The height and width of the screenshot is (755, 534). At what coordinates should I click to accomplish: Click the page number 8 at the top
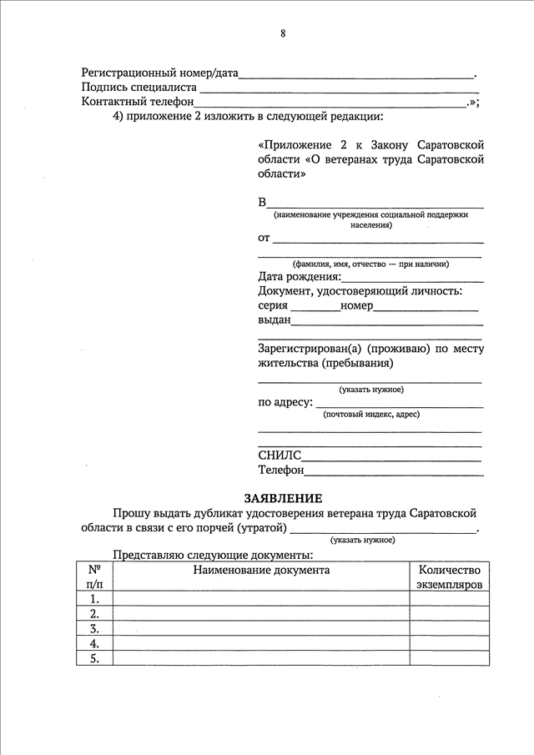click(283, 34)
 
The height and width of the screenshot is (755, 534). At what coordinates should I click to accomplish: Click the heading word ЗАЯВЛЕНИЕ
click(282, 497)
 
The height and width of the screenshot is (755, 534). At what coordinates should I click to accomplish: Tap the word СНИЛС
click(280, 456)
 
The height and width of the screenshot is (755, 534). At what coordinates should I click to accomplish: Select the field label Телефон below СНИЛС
click(281, 471)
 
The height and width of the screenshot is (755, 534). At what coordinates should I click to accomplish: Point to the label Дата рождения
click(300, 277)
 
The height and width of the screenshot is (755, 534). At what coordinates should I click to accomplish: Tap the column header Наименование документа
click(261, 571)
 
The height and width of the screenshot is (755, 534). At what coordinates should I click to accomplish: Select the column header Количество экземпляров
click(449, 577)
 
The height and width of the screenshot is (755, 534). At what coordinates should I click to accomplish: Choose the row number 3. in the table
click(94, 629)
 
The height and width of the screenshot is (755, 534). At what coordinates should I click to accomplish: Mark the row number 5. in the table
click(94, 658)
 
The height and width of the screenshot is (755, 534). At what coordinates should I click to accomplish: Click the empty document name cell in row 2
click(261, 614)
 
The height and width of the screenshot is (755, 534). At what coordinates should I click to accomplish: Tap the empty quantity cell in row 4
click(449, 644)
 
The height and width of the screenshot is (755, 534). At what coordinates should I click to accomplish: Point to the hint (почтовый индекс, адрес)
click(371, 414)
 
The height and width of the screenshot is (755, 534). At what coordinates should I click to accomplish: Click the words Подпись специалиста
click(139, 87)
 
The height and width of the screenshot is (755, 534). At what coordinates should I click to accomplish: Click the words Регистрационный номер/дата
click(159, 73)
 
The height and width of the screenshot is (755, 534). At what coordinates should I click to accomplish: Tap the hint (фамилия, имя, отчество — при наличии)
click(370, 264)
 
